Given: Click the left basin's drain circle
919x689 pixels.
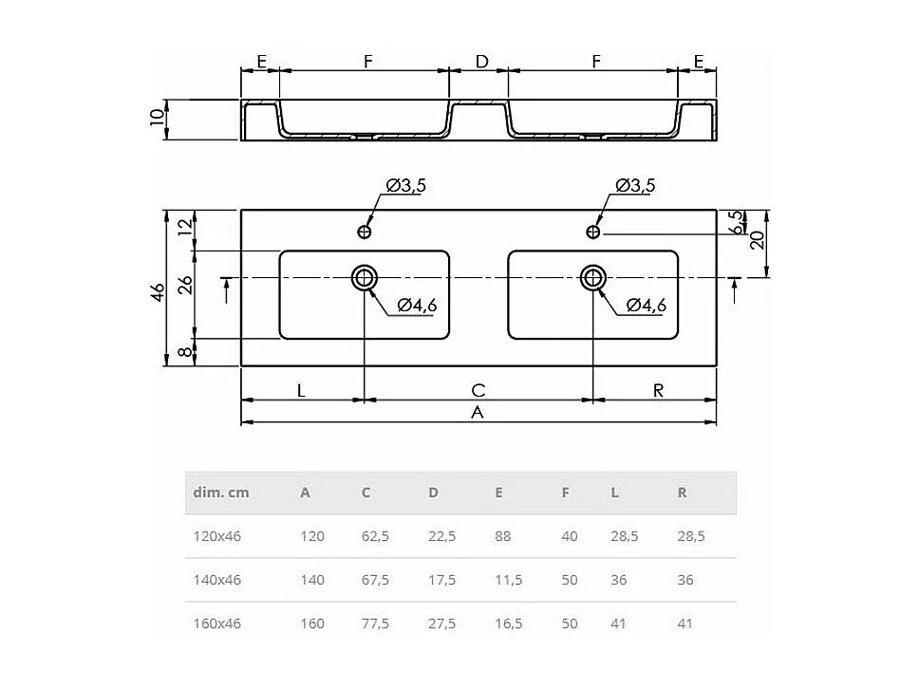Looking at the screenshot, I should [x=365, y=277].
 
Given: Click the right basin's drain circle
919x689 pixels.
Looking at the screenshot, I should [x=593, y=277].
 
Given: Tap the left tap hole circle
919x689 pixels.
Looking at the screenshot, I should [x=365, y=231].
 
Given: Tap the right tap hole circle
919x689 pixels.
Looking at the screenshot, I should [x=593, y=231].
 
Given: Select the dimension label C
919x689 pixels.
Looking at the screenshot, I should [x=478, y=389].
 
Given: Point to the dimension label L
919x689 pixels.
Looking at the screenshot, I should [x=301, y=389].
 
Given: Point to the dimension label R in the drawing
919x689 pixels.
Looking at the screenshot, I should [x=658, y=389].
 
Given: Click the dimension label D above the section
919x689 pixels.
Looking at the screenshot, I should [x=481, y=61].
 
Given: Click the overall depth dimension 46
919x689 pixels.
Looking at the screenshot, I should [x=159, y=289].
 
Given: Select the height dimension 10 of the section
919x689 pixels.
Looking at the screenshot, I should [x=159, y=120].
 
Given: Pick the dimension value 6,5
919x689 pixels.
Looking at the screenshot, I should [x=735, y=223].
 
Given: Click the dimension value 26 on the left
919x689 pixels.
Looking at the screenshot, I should [x=187, y=284].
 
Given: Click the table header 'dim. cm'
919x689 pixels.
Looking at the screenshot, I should [x=221, y=493].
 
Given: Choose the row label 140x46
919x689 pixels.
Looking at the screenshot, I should [x=217, y=580].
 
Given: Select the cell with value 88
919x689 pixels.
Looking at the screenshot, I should [x=502, y=536].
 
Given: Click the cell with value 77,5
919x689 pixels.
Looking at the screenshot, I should [x=375, y=624].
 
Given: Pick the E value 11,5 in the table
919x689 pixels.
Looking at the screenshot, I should [x=508, y=580].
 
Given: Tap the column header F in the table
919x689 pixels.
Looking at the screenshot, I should [x=566, y=493].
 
